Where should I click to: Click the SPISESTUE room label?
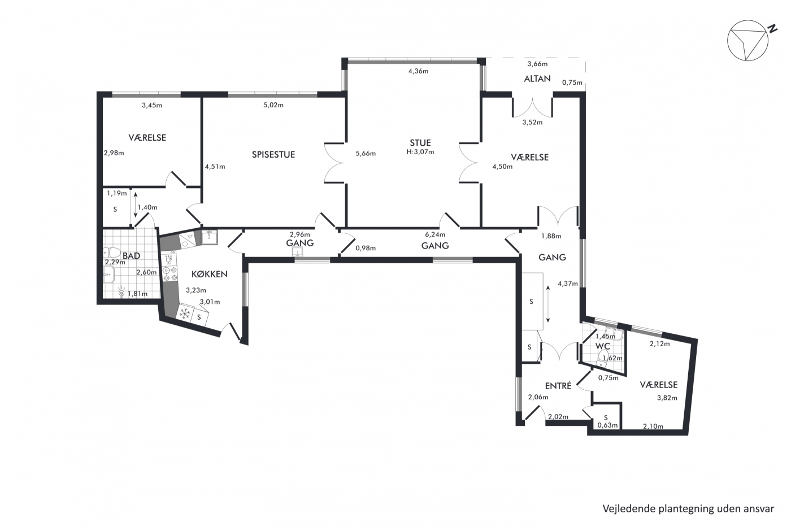pos(273,155)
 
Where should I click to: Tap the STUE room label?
pos(420,143)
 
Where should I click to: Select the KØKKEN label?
pos(210,274)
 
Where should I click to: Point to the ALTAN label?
pos(537,79)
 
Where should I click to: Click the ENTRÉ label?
pos(558,386)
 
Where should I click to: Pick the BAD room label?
pos(131,255)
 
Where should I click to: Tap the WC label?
pos(603,346)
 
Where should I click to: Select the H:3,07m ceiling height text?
pos(420,152)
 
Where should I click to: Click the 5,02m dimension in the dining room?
pos(273,105)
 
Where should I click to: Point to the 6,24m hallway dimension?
pos(435,234)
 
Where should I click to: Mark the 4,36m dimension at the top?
pos(419,71)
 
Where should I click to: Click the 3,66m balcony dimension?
pos(537,64)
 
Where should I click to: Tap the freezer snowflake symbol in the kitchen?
pos(185,313)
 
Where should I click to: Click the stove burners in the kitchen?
pos(169,274)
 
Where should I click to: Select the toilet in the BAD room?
pos(112,252)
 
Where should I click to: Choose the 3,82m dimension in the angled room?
pos(667,398)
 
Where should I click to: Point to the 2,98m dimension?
pos(114,153)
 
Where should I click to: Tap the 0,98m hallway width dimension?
pos(366,248)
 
